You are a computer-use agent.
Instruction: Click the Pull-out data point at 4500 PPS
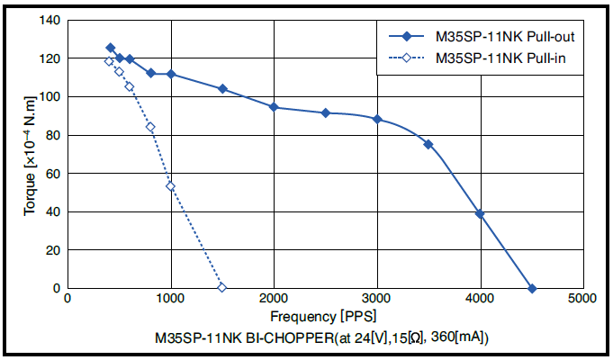tap(532, 289)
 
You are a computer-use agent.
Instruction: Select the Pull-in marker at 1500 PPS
tap(222, 288)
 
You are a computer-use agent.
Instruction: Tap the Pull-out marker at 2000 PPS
tap(274, 107)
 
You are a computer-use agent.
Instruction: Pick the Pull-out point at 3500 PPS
tap(428, 144)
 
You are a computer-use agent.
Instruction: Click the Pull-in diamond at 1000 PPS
tap(171, 186)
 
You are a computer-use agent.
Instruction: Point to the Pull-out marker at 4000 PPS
tap(480, 214)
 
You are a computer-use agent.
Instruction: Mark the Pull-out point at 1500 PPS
tap(222, 89)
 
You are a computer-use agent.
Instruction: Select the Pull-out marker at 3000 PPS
tap(377, 119)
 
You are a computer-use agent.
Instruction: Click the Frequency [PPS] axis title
tap(323, 316)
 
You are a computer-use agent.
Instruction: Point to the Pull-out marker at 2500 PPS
tap(326, 112)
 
